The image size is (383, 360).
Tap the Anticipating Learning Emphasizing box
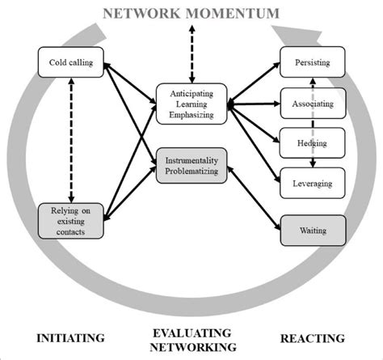click(191, 103)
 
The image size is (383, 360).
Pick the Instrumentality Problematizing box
click(191, 164)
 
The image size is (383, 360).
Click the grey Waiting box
click(312, 231)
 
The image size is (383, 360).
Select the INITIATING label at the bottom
click(71, 337)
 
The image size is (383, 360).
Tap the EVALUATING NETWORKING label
click(191, 339)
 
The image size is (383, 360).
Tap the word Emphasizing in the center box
click(191, 115)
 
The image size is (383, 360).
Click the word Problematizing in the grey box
click(191, 171)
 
